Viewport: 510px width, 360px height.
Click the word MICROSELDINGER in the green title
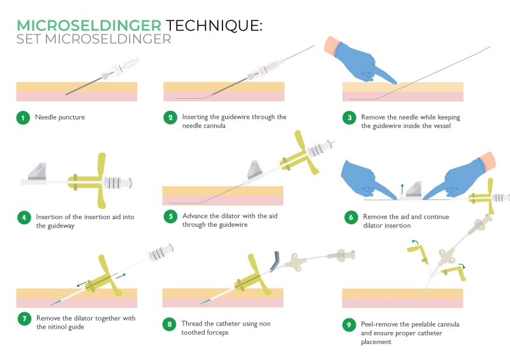(89, 25)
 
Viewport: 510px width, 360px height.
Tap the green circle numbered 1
(23, 117)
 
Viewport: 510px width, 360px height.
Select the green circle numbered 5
(170, 216)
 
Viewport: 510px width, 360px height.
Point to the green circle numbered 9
(349, 325)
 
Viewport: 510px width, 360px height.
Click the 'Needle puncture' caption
(60, 117)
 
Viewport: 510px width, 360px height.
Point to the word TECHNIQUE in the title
(213, 25)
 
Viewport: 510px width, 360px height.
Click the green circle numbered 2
(170, 117)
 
